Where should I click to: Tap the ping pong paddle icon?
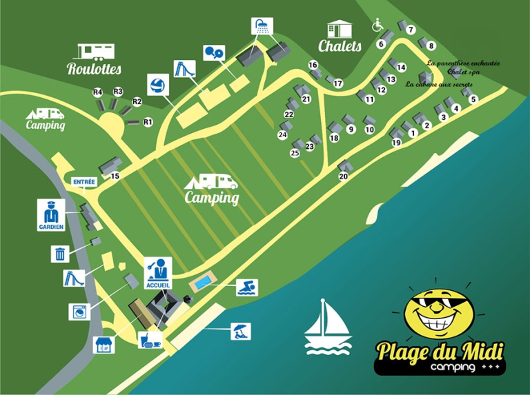(x=214, y=52)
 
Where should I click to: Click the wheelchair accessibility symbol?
(x=377, y=26)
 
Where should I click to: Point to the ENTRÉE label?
(x=84, y=182)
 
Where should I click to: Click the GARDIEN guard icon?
(x=51, y=214)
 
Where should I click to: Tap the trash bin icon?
(x=60, y=254)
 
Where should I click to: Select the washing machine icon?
(x=79, y=311)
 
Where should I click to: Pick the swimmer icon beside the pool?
(x=246, y=287)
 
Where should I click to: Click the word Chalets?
(x=340, y=46)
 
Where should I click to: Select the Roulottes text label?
(x=95, y=68)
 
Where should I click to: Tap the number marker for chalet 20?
(x=343, y=176)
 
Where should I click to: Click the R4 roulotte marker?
(x=97, y=92)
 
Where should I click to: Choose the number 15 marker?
(x=115, y=176)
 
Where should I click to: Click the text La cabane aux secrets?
(x=439, y=84)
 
